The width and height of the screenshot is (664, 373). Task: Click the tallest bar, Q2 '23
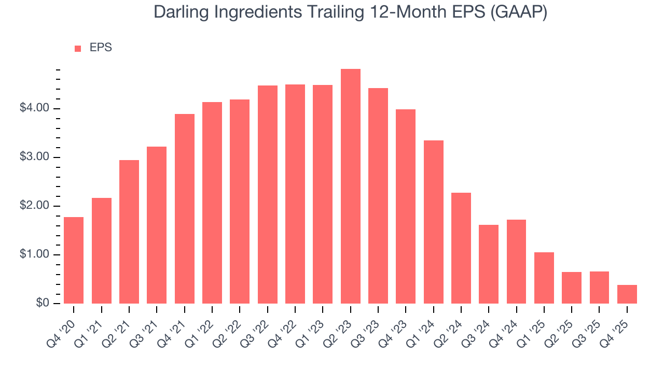[x=351, y=187]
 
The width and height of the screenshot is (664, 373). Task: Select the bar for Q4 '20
[x=74, y=260]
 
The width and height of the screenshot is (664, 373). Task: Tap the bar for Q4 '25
[x=627, y=294]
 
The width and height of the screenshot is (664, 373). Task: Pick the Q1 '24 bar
[x=434, y=222]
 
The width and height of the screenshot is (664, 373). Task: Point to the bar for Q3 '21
[x=157, y=225]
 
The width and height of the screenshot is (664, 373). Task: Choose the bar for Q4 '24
[x=516, y=262]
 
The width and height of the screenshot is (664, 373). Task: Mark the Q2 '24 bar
[x=461, y=248]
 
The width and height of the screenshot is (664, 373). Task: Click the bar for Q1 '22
[x=212, y=203]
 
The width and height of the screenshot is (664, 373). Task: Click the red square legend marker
[x=78, y=49]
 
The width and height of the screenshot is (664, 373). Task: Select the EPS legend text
[x=101, y=48]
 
